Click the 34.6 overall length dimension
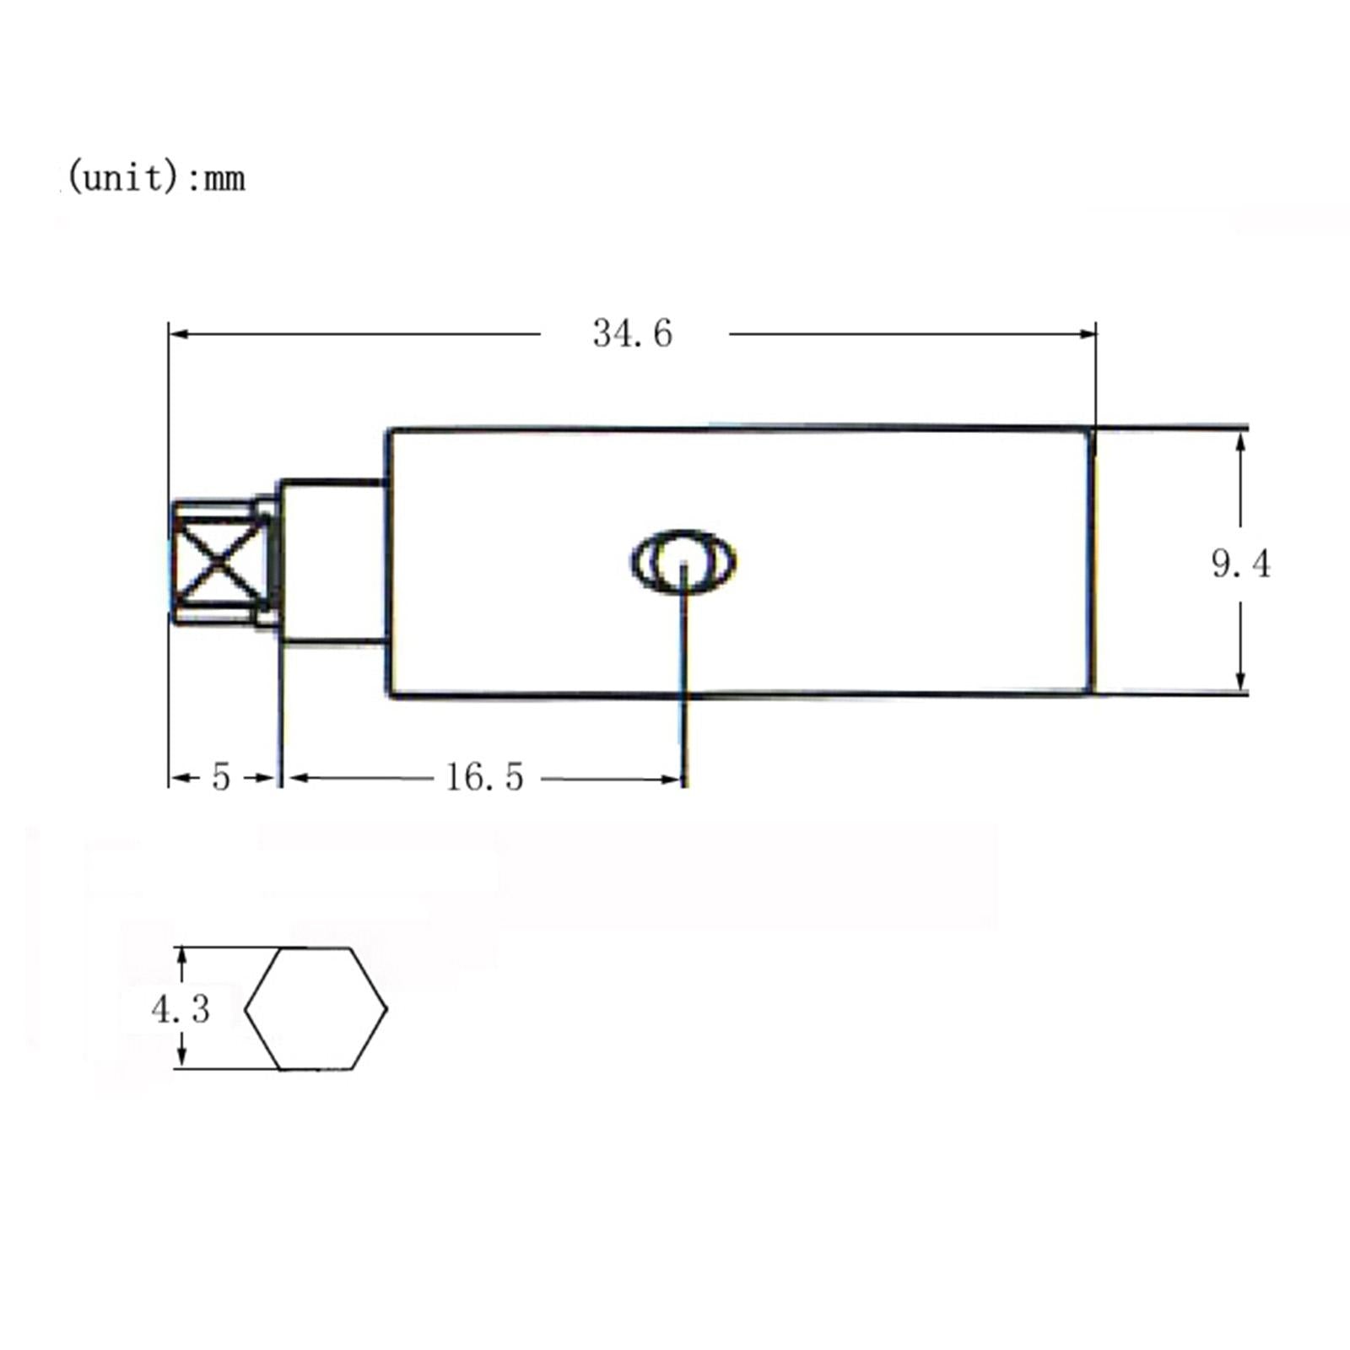(x=632, y=333)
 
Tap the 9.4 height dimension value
(x=1240, y=564)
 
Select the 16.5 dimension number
(x=484, y=777)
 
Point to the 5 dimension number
(x=221, y=777)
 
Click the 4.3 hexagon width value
(x=181, y=1008)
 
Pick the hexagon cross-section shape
(x=316, y=1008)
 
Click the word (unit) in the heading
(x=122, y=178)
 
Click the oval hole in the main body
(x=683, y=561)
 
